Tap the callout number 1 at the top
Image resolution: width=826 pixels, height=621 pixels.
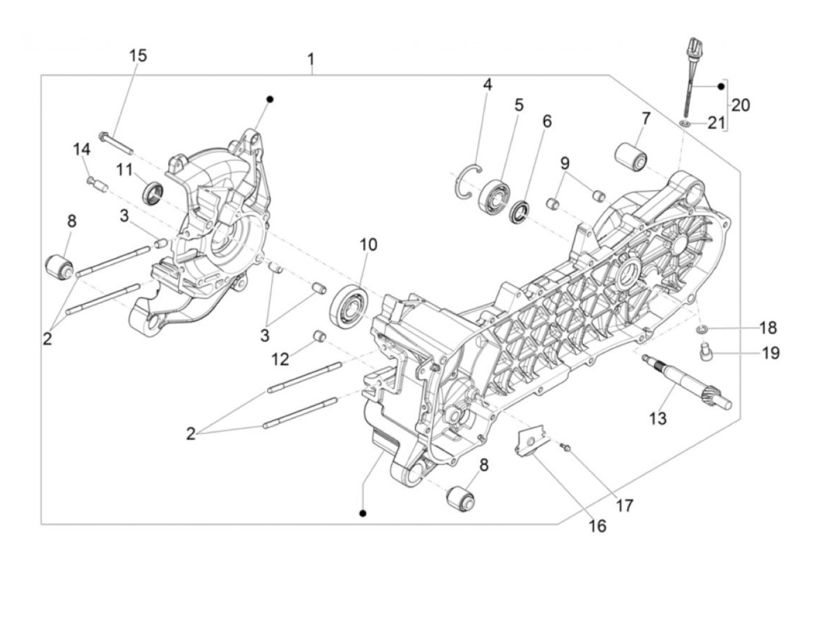coord(311,60)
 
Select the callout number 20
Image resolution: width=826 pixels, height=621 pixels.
coord(740,105)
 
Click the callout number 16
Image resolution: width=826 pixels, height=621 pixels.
coord(597,525)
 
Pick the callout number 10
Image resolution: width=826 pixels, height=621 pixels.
coord(368,244)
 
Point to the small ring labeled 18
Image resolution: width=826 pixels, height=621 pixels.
coord(702,328)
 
